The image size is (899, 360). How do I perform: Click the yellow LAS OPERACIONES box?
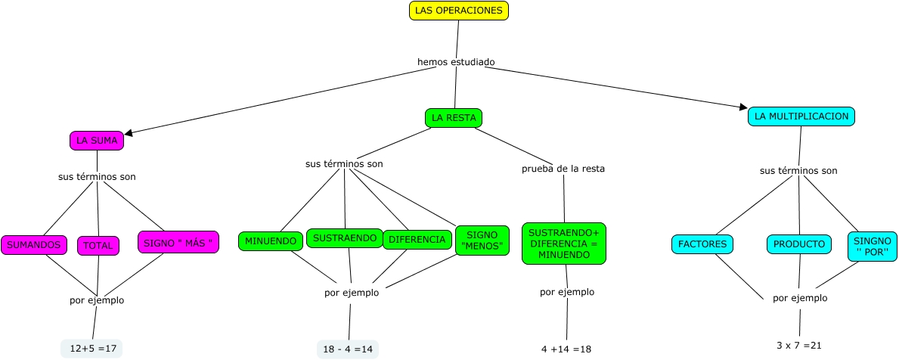[458, 11]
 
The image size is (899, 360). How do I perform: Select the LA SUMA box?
[97, 141]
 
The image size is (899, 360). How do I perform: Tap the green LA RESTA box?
[454, 118]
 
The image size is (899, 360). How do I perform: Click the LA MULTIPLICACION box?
[801, 116]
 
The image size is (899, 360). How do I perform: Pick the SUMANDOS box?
[34, 245]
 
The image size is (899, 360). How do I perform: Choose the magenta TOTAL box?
[98, 246]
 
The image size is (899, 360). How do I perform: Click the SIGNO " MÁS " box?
[178, 242]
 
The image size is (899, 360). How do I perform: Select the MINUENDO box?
[269, 241]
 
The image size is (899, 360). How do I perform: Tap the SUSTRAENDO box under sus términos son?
[344, 238]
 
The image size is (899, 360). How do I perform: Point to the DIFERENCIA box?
[417, 240]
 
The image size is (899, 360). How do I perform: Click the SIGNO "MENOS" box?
[482, 240]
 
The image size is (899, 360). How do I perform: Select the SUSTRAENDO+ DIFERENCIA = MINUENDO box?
[564, 244]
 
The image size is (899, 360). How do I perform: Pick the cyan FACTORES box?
[702, 244]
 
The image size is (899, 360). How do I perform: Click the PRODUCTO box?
[799, 244]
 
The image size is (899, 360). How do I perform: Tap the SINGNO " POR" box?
[872, 246]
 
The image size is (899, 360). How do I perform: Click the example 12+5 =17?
[91, 349]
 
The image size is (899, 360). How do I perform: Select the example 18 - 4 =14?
[348, 349]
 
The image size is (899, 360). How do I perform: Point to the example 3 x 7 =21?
[798, 345]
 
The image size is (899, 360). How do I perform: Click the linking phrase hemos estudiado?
[456, 61]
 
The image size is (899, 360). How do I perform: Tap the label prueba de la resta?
[563, 169]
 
